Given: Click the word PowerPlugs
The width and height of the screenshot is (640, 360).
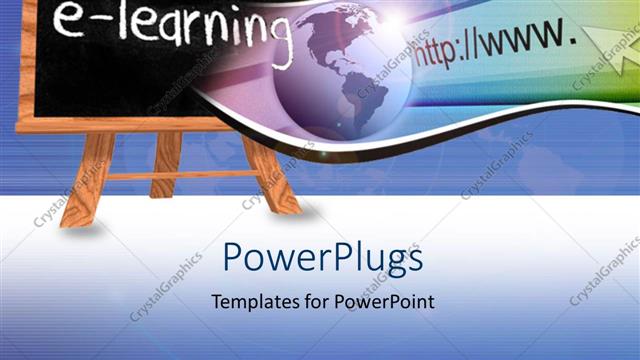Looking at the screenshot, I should [322, 259].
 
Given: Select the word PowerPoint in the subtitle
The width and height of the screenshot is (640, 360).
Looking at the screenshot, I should [384, 302].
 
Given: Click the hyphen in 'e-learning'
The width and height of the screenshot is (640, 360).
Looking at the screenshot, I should [95, 22].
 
